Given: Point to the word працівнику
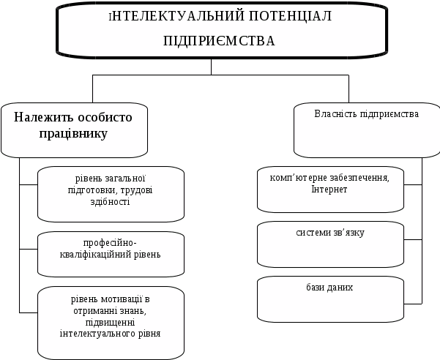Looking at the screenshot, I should point(74,134).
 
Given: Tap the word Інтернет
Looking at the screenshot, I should point(329,190).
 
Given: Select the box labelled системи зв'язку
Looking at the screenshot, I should point(330,244).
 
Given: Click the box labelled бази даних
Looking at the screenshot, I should point(330,299).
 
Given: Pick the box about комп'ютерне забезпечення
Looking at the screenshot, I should point(330,189).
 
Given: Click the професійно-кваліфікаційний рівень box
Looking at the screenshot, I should point(111,254).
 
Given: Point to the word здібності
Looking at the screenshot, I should point(111,201).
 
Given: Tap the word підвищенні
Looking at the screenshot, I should point(110,323).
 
